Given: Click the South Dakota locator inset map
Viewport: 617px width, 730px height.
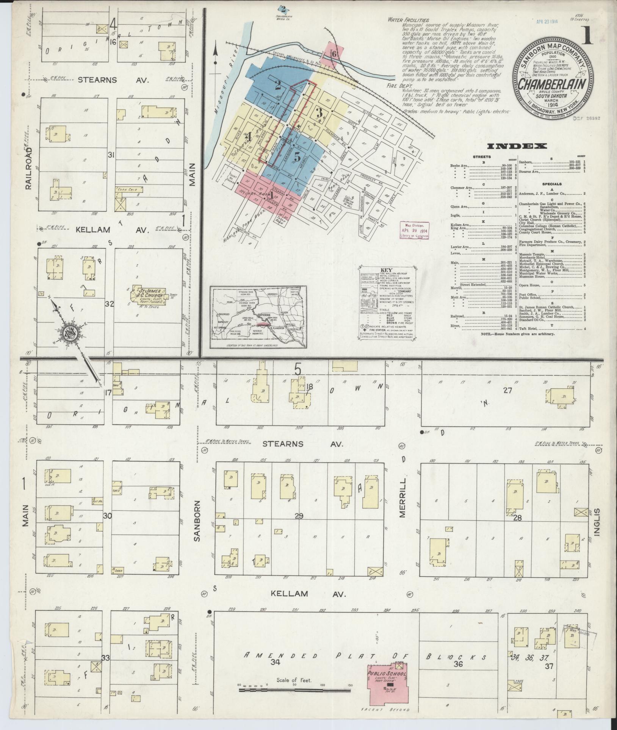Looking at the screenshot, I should pos(258,317).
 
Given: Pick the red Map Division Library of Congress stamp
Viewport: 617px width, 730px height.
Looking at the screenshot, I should pos(415,230).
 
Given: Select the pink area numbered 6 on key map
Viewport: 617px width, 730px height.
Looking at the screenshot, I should pos(333,53).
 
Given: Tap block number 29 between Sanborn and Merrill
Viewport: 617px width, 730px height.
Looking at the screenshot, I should pos(299,516).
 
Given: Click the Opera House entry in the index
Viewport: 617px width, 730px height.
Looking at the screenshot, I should pos(530,285).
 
